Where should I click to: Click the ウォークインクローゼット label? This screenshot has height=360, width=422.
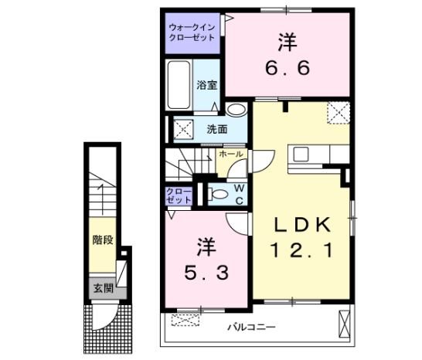pos(193,32)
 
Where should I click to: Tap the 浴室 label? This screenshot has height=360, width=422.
pos(206,85)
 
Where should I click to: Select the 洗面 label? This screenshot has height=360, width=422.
pos(216,129)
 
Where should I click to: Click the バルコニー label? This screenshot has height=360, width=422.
pos(251,328)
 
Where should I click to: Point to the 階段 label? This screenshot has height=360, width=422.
pos(102,240)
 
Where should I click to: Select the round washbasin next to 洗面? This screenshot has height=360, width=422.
pos(237,110)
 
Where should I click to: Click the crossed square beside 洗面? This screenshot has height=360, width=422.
pos(183,127)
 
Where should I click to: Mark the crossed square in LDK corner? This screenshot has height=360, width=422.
pos(339,112)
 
